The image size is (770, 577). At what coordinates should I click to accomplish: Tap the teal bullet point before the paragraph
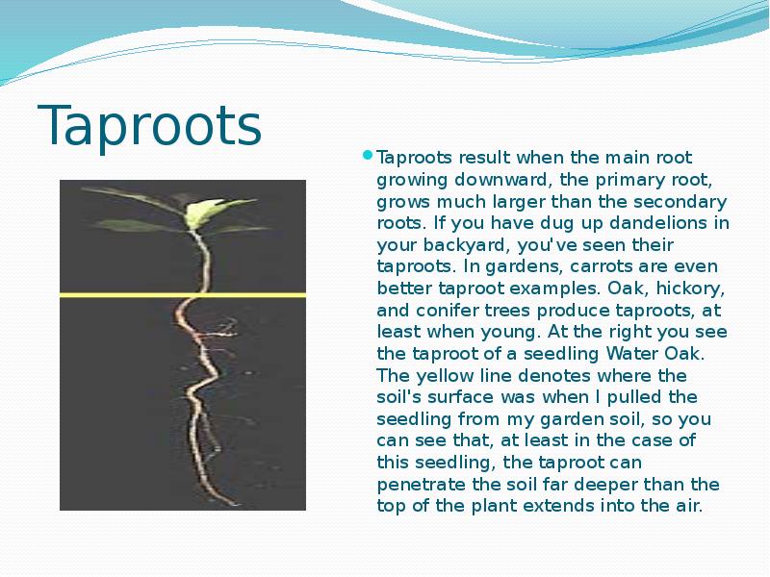point(367,156)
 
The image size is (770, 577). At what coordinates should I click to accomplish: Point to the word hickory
point(693,288)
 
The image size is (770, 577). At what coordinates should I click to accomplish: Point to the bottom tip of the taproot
point(233,501)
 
